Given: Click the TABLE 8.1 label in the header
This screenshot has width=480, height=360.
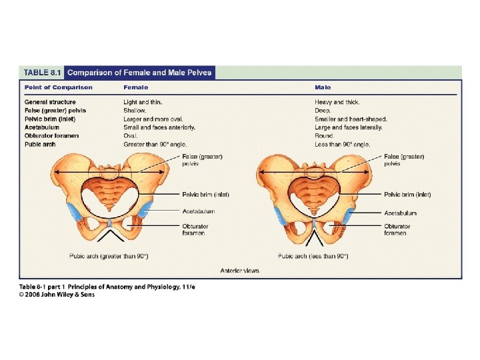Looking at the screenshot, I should (x=43, y=72).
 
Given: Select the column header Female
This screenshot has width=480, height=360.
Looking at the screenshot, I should (x=135, y=87).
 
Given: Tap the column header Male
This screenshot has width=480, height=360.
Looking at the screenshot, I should (x=323, y=87).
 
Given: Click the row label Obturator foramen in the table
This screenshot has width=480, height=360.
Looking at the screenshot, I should (x=51, y=135).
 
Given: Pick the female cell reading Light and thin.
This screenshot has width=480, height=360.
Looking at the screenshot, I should (x=143, y=102).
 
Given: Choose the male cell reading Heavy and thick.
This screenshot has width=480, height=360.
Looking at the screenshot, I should (x=337, y=102).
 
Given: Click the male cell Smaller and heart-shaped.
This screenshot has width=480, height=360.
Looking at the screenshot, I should (x=351, y=119).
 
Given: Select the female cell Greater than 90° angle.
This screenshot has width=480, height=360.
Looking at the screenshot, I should (x=155, y=144).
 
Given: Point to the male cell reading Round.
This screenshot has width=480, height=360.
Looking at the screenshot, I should (x=324, y=135).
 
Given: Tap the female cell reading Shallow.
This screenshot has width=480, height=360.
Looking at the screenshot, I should (x=135, y=111).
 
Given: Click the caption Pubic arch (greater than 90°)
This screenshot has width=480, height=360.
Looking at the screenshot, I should (x=109, y=256).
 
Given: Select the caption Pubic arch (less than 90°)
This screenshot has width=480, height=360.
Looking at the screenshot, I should (x=313, y=256).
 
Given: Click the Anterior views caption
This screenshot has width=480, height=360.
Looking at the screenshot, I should (x=239, y=271).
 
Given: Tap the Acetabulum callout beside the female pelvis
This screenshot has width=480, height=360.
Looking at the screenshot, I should (x=199, y=211).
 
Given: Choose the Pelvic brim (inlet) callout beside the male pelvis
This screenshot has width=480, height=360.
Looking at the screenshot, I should (x=407, y=195).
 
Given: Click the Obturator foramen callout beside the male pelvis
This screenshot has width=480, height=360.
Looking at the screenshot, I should (x=397, y=229).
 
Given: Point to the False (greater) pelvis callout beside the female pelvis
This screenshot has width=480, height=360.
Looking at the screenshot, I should (x=203, y=160).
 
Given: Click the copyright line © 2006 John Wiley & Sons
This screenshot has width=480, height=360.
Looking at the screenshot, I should (x=57, y=295).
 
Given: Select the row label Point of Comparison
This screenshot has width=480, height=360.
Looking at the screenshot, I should (x=59, y=87).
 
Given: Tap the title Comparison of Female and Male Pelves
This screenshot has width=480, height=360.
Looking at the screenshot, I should (x=139, y=72).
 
